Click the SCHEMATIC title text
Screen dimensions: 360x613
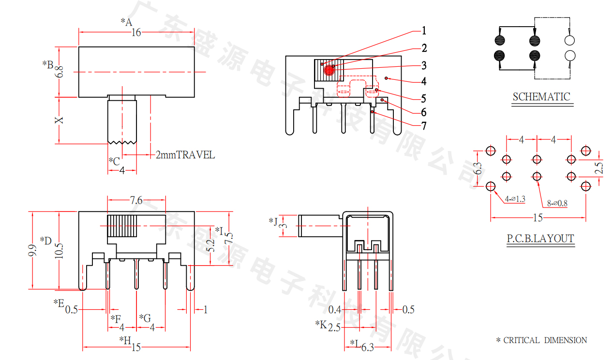click(541, 97)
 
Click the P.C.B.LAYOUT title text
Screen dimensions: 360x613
click(540, 239)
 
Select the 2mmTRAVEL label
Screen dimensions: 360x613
click(185, 155)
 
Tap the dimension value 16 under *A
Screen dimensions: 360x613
click(136, 33)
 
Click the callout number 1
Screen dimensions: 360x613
click(424, 31)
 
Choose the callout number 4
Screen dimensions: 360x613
click(424, 81)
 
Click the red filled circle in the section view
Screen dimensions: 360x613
click(329, 71)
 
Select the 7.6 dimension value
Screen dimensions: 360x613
click(136, 200)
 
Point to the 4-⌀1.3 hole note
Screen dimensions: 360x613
click(515, 199)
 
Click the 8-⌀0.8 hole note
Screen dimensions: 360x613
click(557, 204)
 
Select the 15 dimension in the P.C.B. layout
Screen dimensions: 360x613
click(538, 218)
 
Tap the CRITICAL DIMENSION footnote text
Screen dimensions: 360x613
click(545, 340)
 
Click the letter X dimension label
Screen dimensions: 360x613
click(59, 120)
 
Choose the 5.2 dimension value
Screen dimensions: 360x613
click(210, 246)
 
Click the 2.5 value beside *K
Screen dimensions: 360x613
click(334, 328)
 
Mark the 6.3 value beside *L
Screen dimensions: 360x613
click(368, 347)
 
